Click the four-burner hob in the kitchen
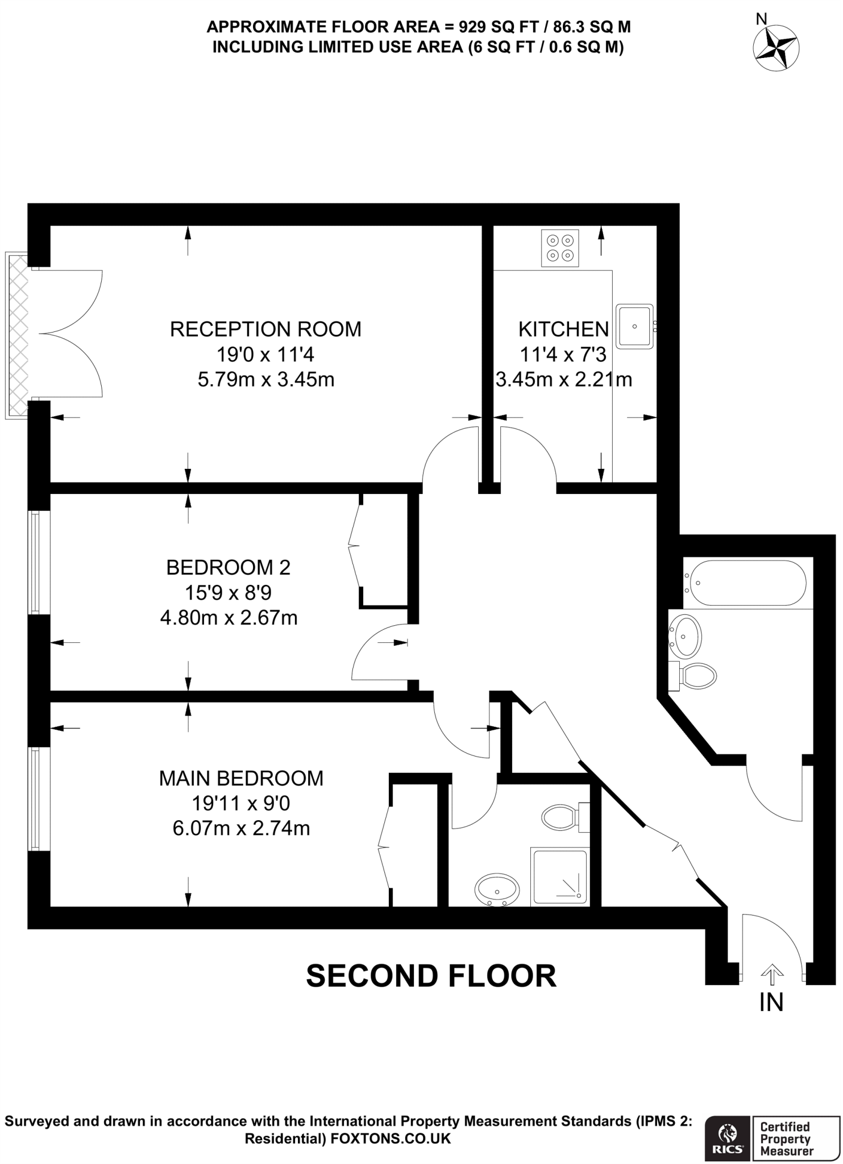click(x=560, y=248)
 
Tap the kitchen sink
click(x=634, y=326)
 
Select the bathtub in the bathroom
click(x=745, y=583)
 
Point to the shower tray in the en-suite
click(x=559, y=876)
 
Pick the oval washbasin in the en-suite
click(x=497, y=888)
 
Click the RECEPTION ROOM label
click(x=265, y=329)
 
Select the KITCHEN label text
click(x=563, y=329)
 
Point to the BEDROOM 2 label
click(x=228, y=567)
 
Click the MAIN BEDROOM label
click(x=241, y=778)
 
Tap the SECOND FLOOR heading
click(x=431, y=976)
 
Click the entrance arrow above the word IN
click(x=771, y=975)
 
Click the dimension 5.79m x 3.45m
click(x=265, y=379)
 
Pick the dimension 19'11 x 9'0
click(x=241, y=803)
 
